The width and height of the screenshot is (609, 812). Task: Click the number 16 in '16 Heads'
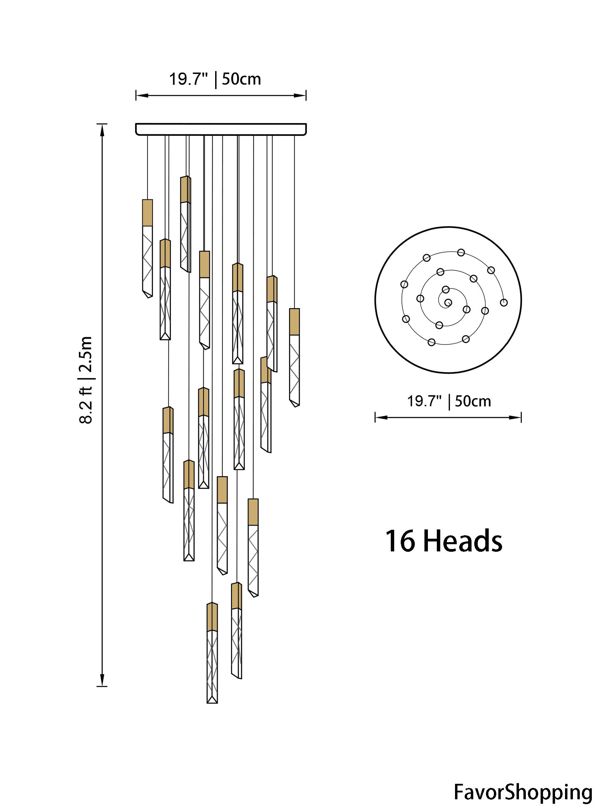[x=400, y=541]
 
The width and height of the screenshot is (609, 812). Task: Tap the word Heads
[x=463, y=541]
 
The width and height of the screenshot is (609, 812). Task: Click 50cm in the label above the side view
[x=241, y=79]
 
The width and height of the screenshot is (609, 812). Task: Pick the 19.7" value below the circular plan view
[x=424, y=401]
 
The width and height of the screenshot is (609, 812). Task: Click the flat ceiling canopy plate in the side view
[x=221, y=129]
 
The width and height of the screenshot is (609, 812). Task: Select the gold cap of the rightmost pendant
[x=294, y=321]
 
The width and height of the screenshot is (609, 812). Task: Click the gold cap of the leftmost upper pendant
[x=147, y=212]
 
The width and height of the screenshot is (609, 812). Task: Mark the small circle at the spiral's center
[x=448, y=303]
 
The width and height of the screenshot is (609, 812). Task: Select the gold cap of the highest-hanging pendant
[x=185, y=189]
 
